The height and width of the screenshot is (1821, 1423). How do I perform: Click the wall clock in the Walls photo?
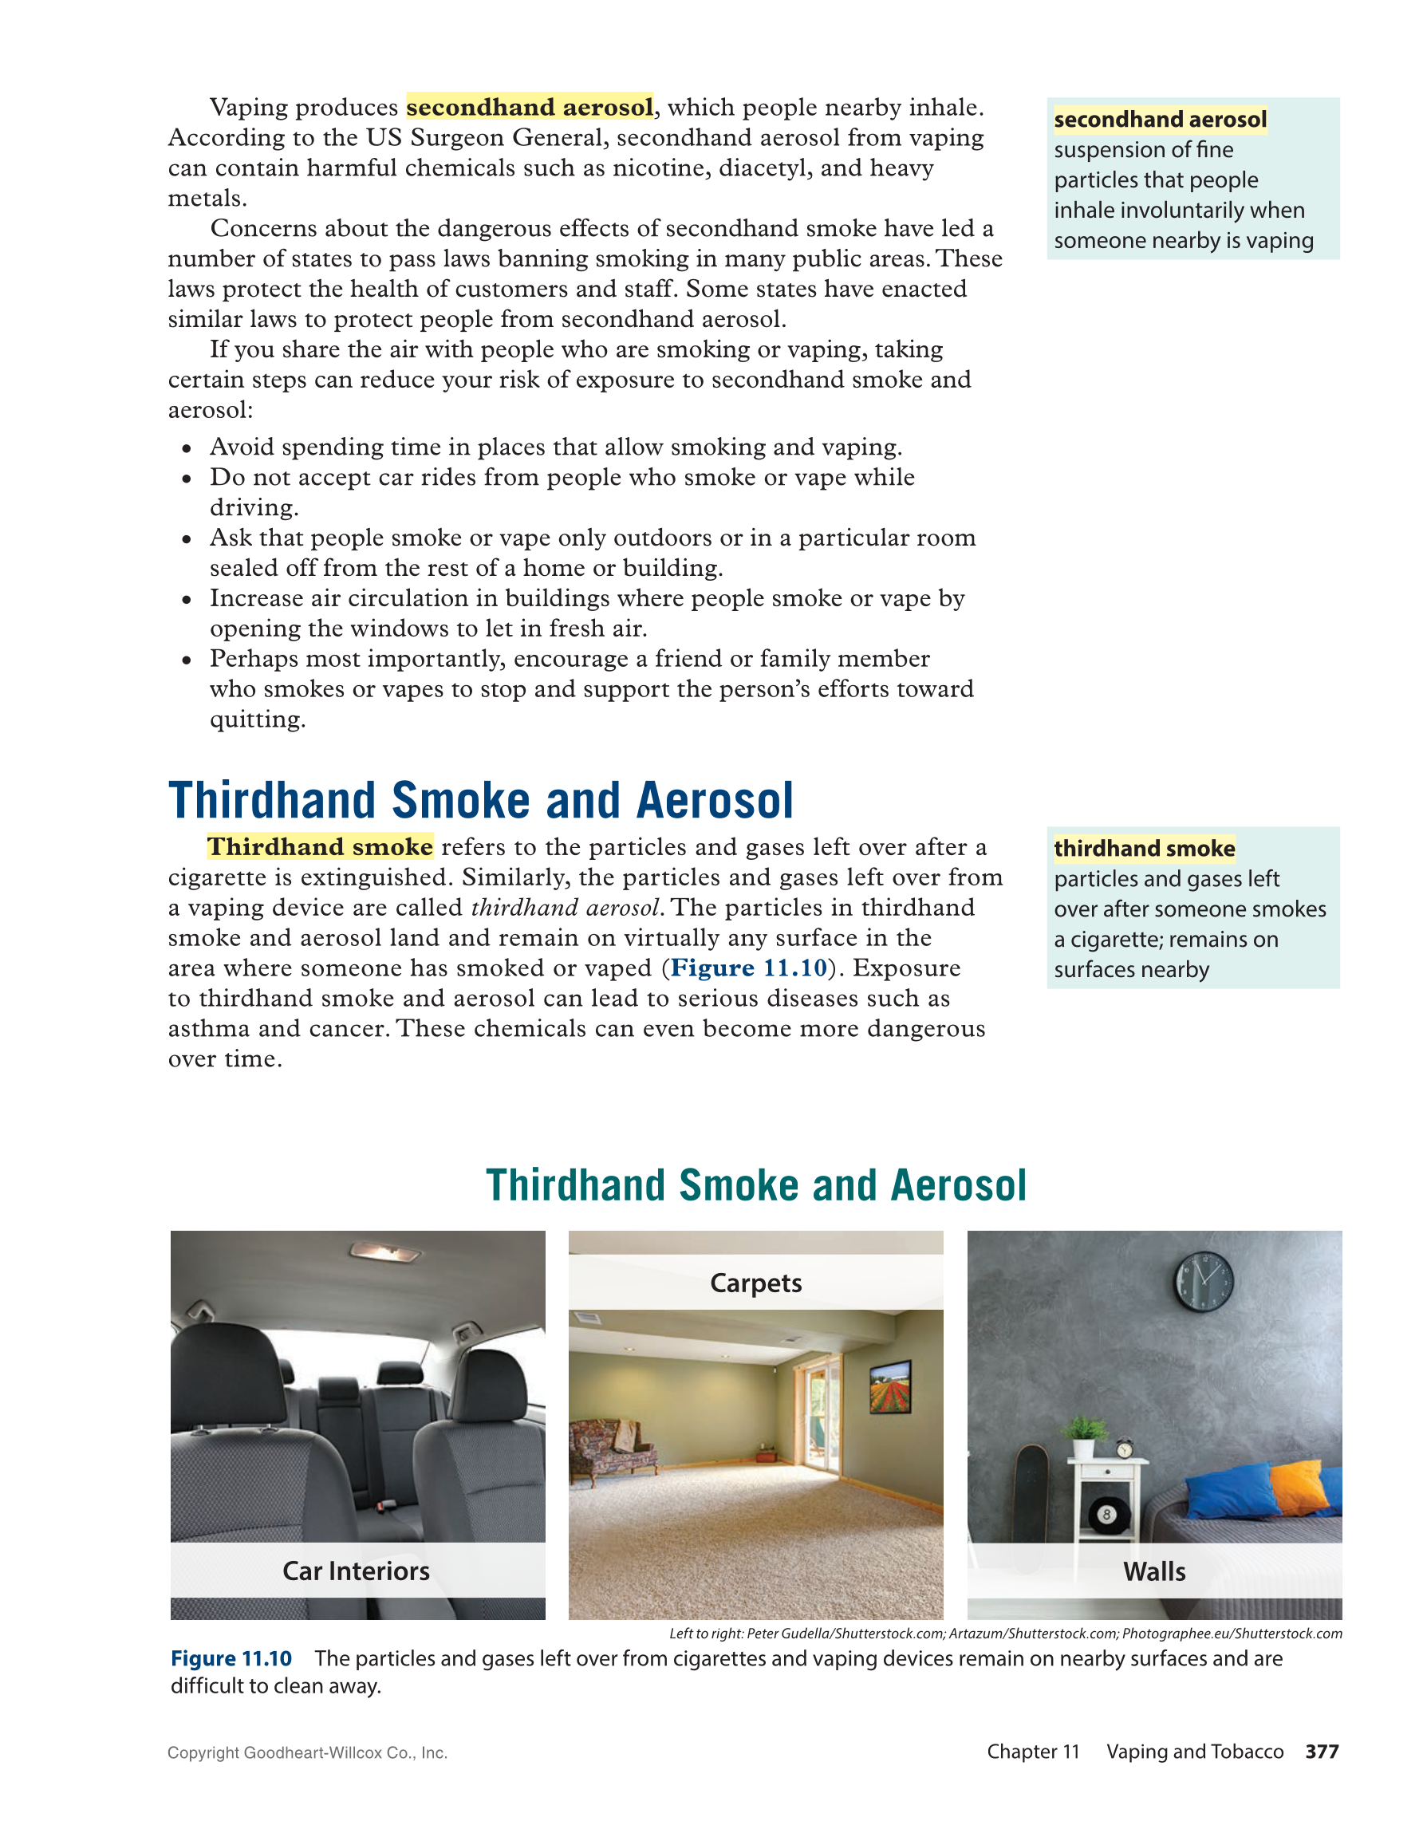tap(1203, 1283)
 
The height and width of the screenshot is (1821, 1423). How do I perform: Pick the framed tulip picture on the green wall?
tap(889, 1386)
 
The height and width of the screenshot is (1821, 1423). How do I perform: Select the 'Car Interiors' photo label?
tap(356, 1571)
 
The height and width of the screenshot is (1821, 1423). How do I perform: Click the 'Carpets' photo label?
tap(755, 1283)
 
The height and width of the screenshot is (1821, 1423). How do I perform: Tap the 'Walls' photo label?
tap(1153, 1571)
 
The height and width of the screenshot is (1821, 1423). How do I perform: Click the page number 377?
tap(1321, 1752)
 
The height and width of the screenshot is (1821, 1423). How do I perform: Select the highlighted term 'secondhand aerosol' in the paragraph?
tap(530, 108)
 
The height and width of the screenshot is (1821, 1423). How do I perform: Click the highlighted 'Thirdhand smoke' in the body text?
tap(320, 847)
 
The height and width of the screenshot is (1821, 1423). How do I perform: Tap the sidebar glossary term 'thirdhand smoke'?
tap(1144, 849)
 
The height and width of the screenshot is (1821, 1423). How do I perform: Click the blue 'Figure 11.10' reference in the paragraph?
tap(749, 968)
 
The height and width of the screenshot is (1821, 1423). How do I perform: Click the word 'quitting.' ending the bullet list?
tap(258, 719)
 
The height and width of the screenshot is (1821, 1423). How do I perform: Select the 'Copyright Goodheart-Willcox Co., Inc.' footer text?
tap(307, 1752)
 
